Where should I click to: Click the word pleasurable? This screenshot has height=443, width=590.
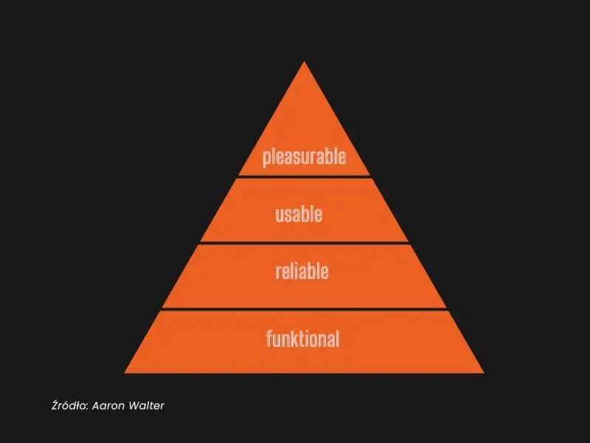coord(304,157)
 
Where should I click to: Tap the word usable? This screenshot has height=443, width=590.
coord(299,214)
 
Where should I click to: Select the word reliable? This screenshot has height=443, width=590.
coord(302,271)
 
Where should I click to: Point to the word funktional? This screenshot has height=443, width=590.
coord(302,338)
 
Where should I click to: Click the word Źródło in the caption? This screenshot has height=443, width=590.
coord(70,405)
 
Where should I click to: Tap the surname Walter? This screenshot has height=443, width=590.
coord(146,405)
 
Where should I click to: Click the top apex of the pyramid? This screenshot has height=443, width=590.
coord(305,61)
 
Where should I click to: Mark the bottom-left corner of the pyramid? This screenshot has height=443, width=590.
coord(125,373)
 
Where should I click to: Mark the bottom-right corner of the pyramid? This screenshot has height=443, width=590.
coord(484,373)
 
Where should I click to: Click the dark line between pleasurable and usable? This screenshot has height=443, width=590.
coord(304,176)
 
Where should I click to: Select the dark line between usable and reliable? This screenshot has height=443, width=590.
coord(304,243)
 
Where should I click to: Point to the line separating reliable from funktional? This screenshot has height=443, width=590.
coord(304,309)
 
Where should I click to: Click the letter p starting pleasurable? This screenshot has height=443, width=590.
coord(266,159)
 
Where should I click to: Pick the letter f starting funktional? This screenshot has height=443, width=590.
coord(269,338)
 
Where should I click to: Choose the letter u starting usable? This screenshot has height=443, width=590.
coord(280,216)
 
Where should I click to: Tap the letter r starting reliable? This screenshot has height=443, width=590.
coord(279,272)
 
